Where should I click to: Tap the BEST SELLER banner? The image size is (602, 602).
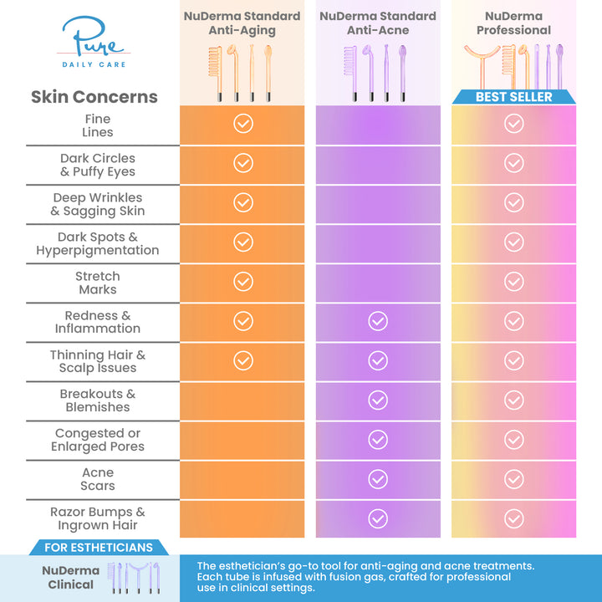click(513, 97)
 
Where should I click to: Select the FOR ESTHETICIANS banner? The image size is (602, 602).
click(98, 548)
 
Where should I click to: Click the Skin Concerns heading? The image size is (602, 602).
click(94, 97)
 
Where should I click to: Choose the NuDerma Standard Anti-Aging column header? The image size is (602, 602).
click(242, 23)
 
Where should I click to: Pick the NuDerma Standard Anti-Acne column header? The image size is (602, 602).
click(378, 23)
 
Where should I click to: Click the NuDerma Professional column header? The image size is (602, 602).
click(513, 23)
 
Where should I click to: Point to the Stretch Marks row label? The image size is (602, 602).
click(98, 283)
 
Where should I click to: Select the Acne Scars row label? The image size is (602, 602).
click(98, 479)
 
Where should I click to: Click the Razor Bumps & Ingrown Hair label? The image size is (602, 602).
click(98, 518)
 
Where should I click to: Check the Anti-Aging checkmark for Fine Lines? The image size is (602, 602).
click(242, 124)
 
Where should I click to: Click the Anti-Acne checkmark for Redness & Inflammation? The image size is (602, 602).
click(378, 321)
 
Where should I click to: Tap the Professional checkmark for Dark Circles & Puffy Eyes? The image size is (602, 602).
click(513, 163)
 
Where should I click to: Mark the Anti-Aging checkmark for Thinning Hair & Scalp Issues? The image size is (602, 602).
click(242, 360)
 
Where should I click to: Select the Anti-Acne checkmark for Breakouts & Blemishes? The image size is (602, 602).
click(378, 400)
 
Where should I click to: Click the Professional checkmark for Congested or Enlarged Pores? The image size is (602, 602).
click(513, 439)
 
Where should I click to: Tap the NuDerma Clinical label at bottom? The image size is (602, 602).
click(70, 577)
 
